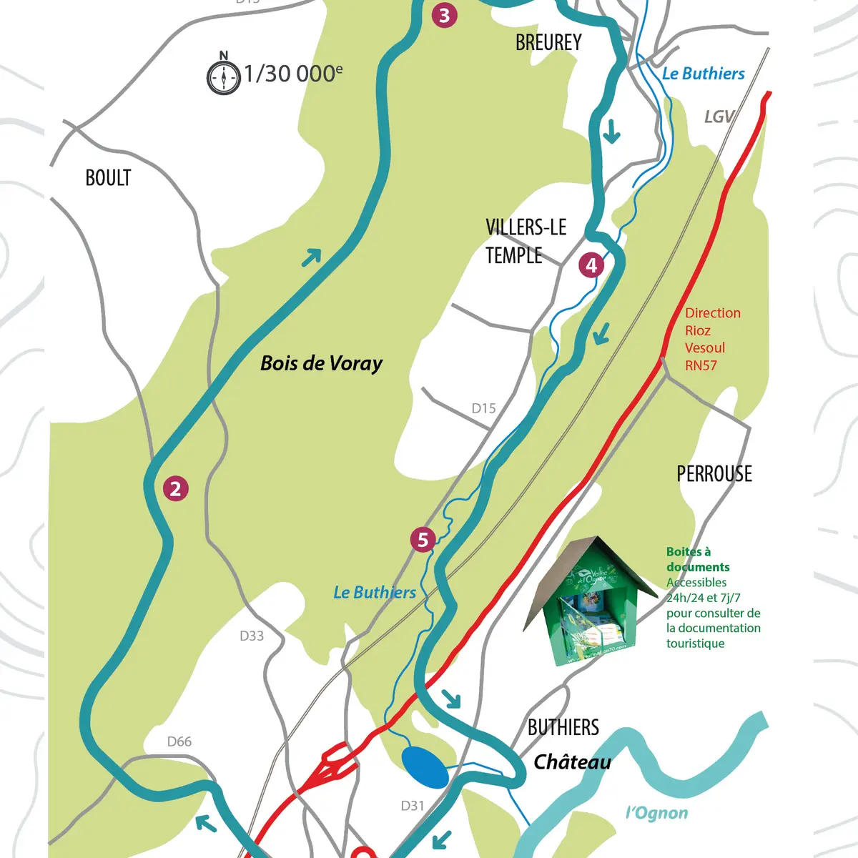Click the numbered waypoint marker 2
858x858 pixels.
pos(175,489)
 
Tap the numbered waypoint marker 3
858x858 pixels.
pos(445,15)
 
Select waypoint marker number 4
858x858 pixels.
pos(591,265)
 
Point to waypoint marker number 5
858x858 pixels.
pos(423,540)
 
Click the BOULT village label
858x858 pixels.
pos(108,178)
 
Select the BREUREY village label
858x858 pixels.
pos(548,43)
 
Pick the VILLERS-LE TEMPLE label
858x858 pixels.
pos(526,242)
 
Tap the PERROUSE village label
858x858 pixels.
pos(714,474)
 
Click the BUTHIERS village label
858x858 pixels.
pos(563,728)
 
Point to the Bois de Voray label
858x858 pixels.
pos(321,363)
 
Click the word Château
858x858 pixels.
pos(572,762)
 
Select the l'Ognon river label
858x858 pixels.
pos(656,813)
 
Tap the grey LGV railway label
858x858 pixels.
pos(719,117)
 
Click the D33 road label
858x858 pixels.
pos(252,636)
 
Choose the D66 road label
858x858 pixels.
pos(179,741)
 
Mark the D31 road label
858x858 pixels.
pos(413,806)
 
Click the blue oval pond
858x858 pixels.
pos(425,767)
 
